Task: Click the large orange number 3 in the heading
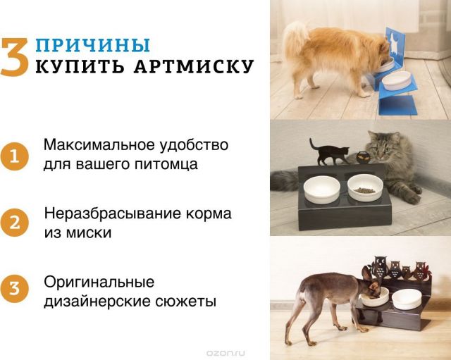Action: click(15, 57)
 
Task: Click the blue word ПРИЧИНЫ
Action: click(93, 45)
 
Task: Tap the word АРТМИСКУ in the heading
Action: click(194, 67)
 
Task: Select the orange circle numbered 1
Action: click(14, 156)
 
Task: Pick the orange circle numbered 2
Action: click(14, 223)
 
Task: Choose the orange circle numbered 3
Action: click(14, 288)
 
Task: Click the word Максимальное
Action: click(101, 144)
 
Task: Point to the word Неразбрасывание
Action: click(113, 214)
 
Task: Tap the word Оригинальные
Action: click(99, 283)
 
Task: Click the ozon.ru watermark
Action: click(226, 353)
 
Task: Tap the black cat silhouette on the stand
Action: click(329, 151)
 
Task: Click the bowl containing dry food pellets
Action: click(365, 187)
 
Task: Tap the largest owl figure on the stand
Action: click(378, 266)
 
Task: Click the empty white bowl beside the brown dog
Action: click(407, 299)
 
